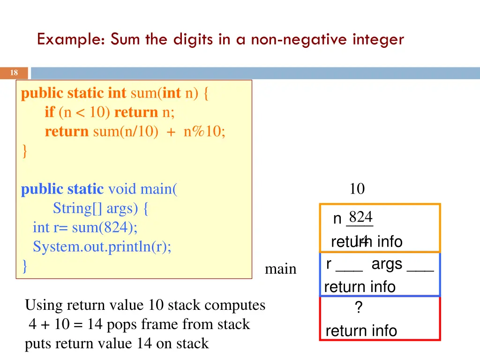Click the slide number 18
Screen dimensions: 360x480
(14, 73)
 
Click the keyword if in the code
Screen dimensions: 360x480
(50, 112)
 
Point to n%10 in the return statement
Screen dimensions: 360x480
(204, 132)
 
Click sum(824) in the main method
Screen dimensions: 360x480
(105, 227)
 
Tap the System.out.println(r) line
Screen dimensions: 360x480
(102, 247)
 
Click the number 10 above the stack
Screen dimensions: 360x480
(357, 189)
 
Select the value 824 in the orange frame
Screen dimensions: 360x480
(360, 217)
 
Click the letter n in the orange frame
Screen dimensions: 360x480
(337, 219)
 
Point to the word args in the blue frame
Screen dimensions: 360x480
(387, 264)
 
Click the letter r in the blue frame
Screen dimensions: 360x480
(329, 264)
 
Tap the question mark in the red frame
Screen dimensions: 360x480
(358, 308)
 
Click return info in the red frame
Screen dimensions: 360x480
(361, 331)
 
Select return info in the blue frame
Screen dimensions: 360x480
(360, 287)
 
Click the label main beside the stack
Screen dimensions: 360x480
(280, 269)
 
